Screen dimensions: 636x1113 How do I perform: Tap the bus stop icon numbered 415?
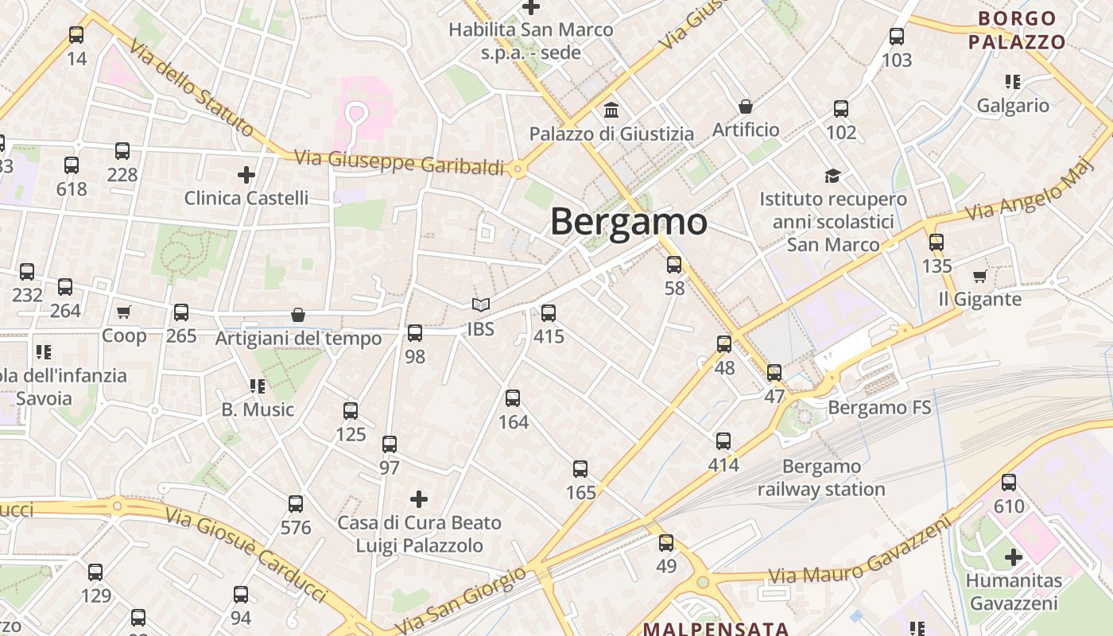point(548,313)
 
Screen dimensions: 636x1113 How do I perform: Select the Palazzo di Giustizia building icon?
point(611,110)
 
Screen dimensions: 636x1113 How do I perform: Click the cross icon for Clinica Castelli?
point(246,174)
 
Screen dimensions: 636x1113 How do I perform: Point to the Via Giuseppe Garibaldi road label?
point(399,162)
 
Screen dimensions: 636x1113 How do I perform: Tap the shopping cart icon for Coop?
point(123,312)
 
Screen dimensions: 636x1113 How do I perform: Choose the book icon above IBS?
point(480,304)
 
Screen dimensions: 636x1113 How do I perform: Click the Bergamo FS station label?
point(879,408)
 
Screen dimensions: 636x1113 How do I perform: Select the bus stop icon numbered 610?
point(1008,483)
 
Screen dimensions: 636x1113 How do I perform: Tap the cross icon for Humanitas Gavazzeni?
point(1013,556)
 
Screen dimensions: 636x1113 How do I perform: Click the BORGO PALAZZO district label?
point(1017,30)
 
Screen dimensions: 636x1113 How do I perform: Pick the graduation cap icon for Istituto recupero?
point(832,176)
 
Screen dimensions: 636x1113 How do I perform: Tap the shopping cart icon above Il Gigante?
point(979,276)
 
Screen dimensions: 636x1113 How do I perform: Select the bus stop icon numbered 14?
point(76,35)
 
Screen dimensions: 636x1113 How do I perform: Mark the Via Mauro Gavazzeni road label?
point(860,555)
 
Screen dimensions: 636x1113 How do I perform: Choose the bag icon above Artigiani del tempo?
point(298,315)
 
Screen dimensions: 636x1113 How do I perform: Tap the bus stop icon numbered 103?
point(897,37)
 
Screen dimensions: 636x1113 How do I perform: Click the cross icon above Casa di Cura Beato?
point(419,499)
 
